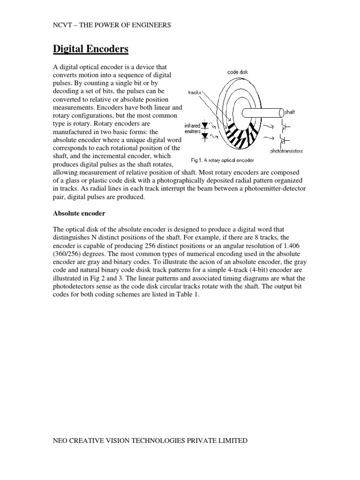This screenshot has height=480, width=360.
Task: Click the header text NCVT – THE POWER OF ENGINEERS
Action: pyautogui.click(x=111, y=25)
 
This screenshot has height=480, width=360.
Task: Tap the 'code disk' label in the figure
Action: pyautogui.click(x=238, y=72)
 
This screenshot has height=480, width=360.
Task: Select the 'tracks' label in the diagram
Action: pyautogui.click(x=194, y=92)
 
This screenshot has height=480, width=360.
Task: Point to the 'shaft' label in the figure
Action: pyautogui.click(x=290, y=112)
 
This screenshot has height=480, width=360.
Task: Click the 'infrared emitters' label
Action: pyautogui.click(x=192, y=129)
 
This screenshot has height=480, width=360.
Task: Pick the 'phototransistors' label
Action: pyautogui.click(x=286, y=151)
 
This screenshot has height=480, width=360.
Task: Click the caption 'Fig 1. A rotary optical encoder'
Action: pyautogui.click(x=222, y=160)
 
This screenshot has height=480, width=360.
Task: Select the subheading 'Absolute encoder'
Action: pyautogui.click(x=79, y=213)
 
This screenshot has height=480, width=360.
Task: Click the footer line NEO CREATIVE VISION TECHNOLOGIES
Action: pyautogui.click(x=150, y=441)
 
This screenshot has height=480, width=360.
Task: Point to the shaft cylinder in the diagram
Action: pyautogui.click(x=262, y=112)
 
